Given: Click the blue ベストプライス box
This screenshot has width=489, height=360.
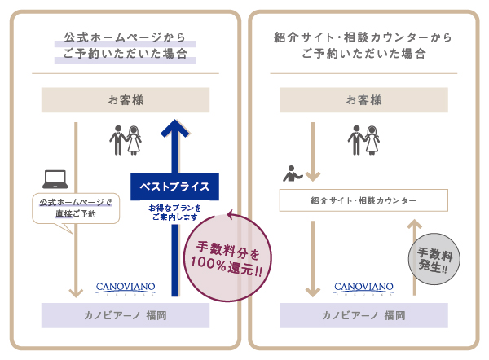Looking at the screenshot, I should coord(175,187).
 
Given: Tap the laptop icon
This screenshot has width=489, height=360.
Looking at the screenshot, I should coord(55,178).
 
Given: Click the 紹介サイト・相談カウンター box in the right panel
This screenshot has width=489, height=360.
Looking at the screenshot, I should coord(363,200).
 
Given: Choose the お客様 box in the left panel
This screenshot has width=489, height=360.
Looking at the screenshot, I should coord(126,101).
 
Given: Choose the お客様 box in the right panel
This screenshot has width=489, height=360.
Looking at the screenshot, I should coord(363,101).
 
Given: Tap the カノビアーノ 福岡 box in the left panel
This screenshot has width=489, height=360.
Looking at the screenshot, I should coord(126,315).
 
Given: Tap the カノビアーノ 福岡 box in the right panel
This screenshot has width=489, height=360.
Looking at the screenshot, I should coord(363,315).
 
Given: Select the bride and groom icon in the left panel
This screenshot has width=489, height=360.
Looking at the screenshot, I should coord(126,140).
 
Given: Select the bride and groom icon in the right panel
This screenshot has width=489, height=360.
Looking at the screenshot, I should coord(363,140).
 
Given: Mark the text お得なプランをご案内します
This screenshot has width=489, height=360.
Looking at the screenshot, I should coord(174,213).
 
